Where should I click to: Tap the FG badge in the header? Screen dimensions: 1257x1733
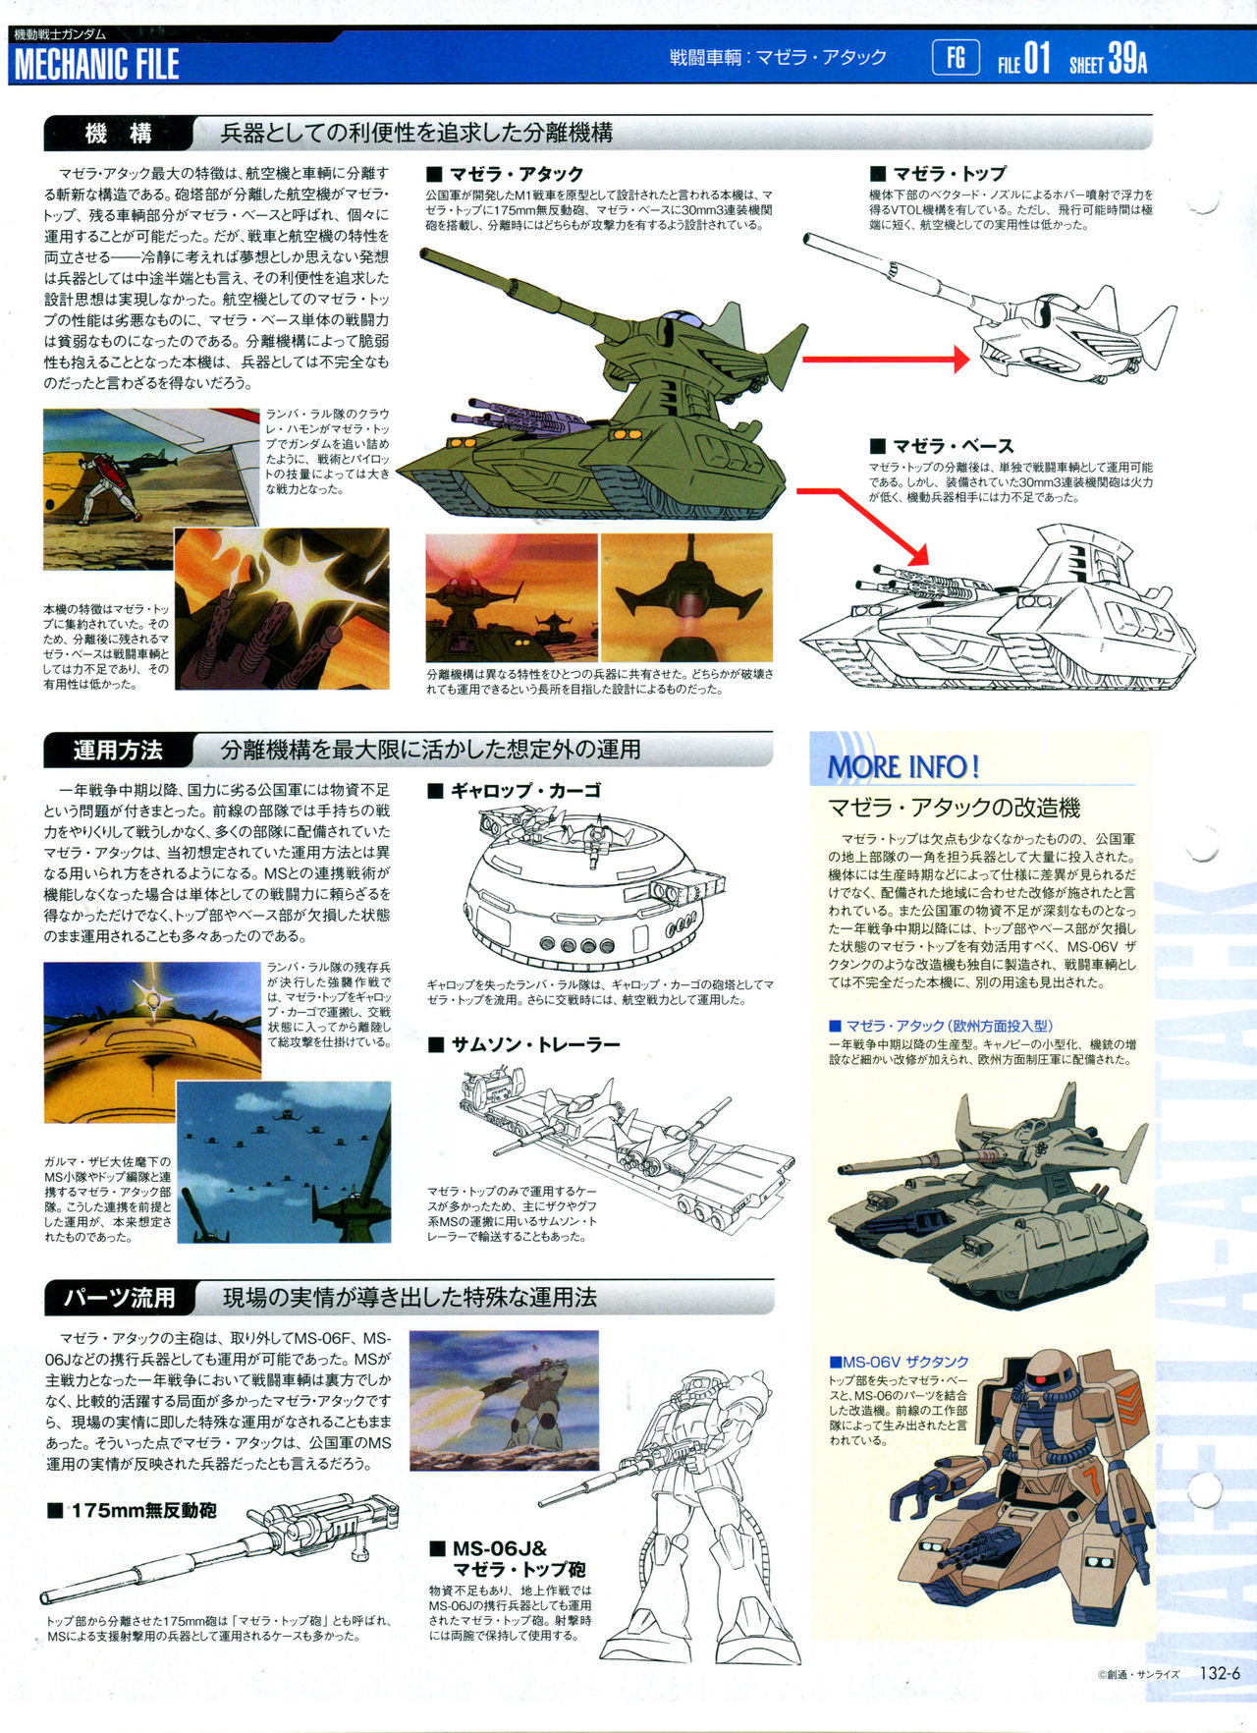956,58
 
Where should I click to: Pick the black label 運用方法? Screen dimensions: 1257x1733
118,751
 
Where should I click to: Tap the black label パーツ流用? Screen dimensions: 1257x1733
119,1298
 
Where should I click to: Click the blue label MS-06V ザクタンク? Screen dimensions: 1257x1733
900,1362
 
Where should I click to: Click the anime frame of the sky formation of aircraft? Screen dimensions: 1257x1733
284,1162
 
